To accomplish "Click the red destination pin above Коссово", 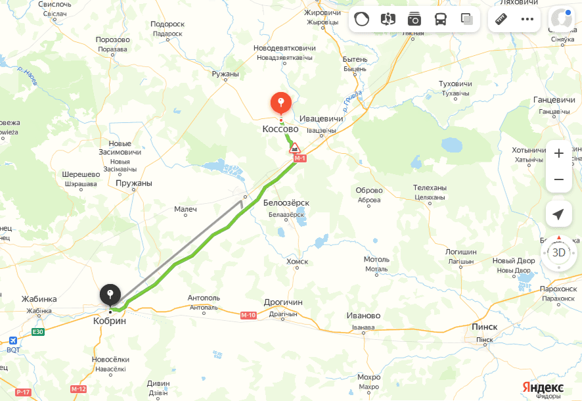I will point(281,103).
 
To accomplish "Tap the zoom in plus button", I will point(558,153).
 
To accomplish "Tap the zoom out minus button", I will point(558,179).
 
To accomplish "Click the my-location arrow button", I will point(558,214).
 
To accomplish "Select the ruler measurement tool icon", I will point(501,19).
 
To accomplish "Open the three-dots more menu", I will point(527,19).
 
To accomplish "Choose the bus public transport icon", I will point(441,19).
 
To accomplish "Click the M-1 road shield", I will point(300,158).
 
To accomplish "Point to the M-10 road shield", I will point(248,316).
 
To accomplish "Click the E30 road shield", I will point(38,332).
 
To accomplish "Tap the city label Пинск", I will point(485,327).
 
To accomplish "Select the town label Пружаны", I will point(133,183).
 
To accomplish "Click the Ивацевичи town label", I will point(322,119).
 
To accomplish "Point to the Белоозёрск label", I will point(286,203).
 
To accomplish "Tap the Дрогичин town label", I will point(283,302).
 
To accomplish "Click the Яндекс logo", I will point(543,386).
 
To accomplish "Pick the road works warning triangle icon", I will point(296,147).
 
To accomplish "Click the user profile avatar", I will point(562,19).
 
